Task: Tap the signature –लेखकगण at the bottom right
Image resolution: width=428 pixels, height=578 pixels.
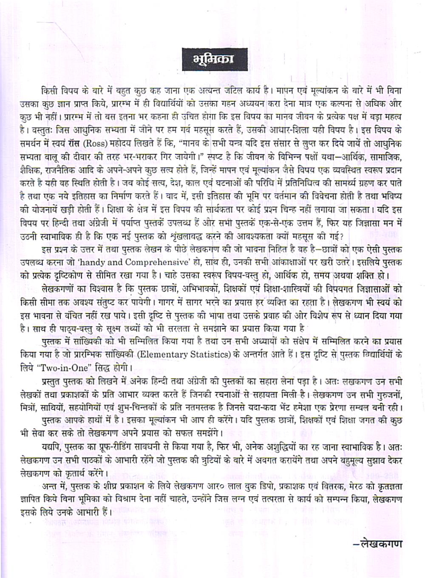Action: tap(377, 543)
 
